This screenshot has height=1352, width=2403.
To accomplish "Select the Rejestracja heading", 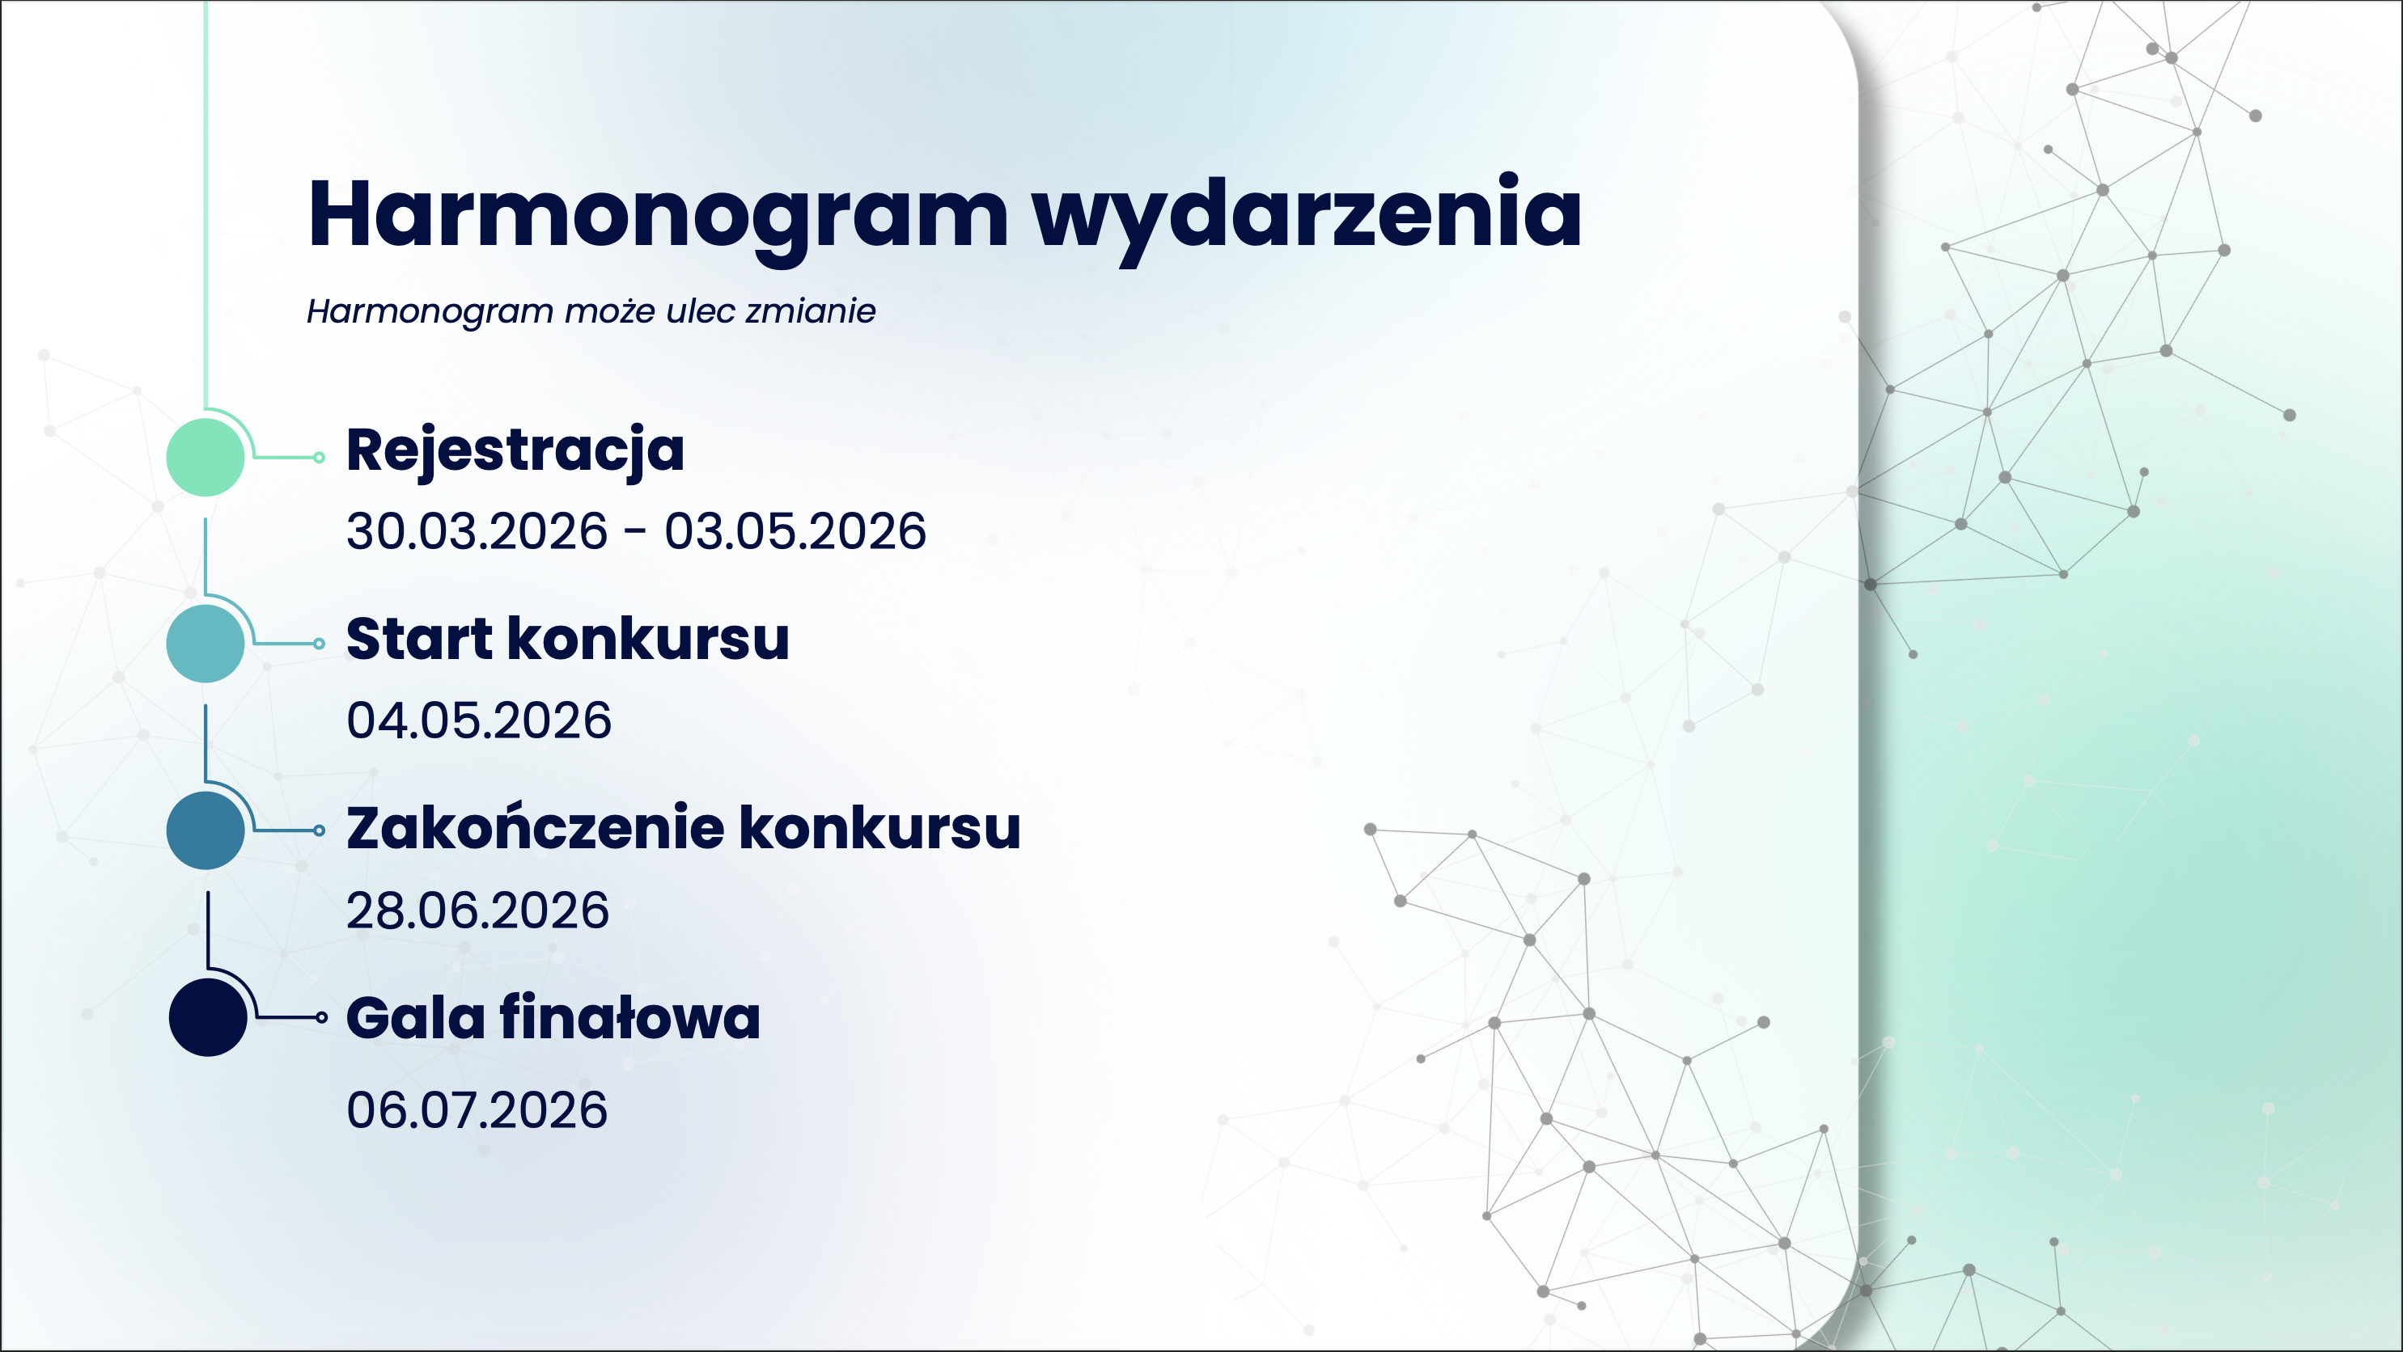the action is pos(515,452).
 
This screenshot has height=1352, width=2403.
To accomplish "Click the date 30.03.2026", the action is pos(477,531).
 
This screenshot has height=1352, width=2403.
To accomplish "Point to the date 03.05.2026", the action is pos(795,531).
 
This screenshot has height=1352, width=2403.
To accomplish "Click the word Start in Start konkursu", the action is pos(419,640).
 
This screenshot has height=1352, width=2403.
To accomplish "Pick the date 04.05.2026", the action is pos(478,720).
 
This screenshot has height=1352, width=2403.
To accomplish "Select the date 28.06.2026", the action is pos(477,911).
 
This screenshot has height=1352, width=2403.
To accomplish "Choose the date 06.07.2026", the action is pos(477,1110).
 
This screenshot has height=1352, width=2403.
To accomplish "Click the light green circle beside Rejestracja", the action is pos(206,457).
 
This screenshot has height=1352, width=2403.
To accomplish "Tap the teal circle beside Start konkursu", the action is pos(206,644).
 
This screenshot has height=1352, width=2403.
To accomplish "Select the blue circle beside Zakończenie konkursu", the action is pos(206,830).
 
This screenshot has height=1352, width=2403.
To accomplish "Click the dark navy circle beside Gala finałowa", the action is pos(208,1017).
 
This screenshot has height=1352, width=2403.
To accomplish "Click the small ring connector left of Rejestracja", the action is pos(319,457).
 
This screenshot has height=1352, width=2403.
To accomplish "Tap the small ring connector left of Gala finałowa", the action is pos(322,1017).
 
